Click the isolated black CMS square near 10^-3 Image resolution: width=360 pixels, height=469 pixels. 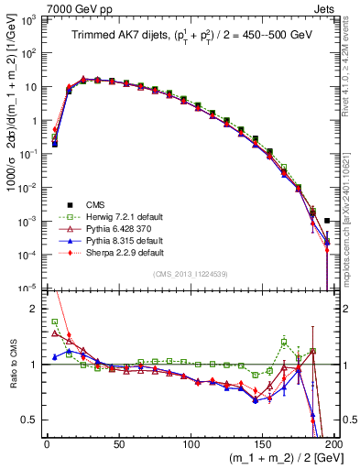[x=327, y=220]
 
